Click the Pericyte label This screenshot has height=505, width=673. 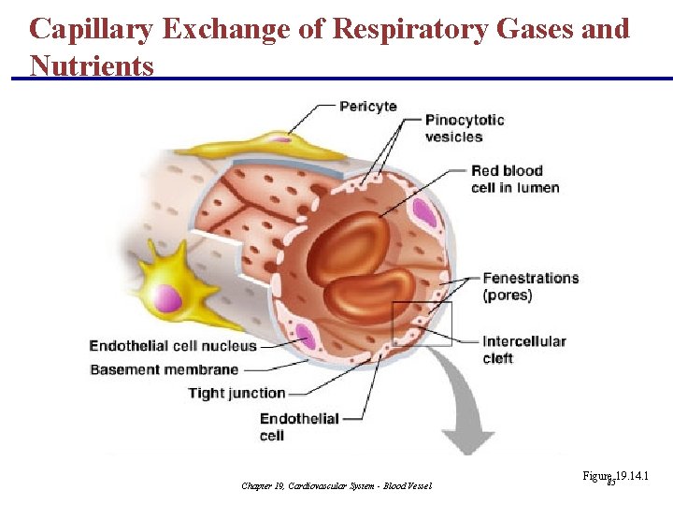click(367, 106)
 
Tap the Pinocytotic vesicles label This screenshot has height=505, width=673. click(465, 128)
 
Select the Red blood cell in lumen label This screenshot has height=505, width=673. click(515, 179)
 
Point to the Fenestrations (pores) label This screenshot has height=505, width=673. click(530, 286)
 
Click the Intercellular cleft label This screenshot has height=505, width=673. click(523, 349)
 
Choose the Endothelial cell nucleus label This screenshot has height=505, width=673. click(172, 346)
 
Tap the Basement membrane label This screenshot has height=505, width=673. click(164, 369)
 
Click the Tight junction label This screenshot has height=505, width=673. click(236, 393)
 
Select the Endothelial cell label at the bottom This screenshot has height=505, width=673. click(299, 426)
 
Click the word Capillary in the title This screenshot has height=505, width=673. click(91, 29)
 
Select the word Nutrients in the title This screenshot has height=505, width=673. click(92, 65)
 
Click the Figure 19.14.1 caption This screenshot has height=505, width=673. click(615, 477)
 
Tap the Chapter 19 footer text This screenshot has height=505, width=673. click(336, 485)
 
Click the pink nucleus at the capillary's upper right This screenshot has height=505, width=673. click(424, 214)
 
